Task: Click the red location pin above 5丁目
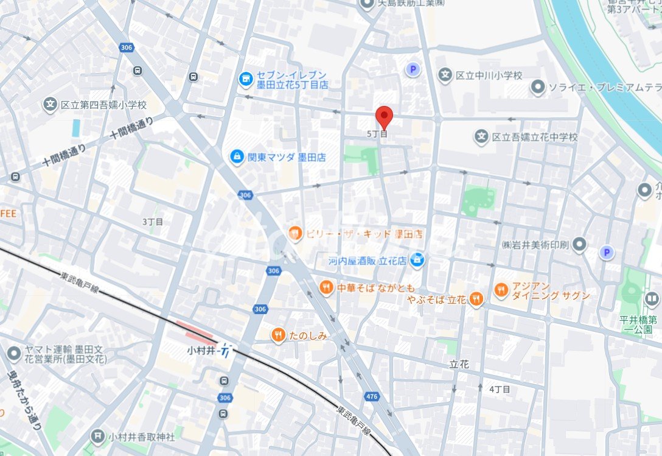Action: [x=383, y=116]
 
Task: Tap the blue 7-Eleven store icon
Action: [x=246, y=79]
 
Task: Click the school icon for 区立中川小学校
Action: [x=445, y=75]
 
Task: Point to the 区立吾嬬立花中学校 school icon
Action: [x=482, y=137]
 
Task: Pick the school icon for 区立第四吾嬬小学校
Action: [x=50, y=105]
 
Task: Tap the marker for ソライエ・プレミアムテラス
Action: [x=537, y=88]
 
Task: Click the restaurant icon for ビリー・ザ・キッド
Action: [x=295, y=234]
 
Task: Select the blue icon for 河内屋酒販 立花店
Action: [x=417, y=261]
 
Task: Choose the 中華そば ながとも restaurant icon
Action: [x=327, y=287]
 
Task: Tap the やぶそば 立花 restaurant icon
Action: [x=476, y=299]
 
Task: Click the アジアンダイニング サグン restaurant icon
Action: [x=501, y=290]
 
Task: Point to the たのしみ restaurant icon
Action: [x=279, y=335]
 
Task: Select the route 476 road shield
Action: [x=371, y=396]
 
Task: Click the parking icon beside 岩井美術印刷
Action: [x=606, y=252]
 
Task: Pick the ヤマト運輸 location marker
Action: [x=14, y=353]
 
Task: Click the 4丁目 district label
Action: [x=500, y=389]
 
